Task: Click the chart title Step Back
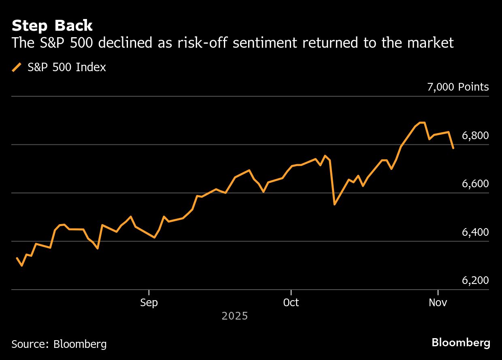pyautogui.click(x=52, y=26)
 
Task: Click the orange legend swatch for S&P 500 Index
pyautogui.click(x=17, y=67)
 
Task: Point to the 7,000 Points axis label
pyautogui.click(x=458, y=87)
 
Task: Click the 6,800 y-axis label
pyautogui.click(x=475, y=136)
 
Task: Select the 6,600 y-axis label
pyautogui.click(x=475, y=184)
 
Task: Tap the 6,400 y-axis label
pyautogui.click(x=475, y=232)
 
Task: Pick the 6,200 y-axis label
pyautogui.click(x=475, y=281)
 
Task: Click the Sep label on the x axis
pyautogui.click(x=149, y=303)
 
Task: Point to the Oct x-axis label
pyautogui.click(x=291, y=303)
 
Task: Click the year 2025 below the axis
pyautogui.click(x=234, y=316)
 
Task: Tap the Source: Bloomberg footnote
pyautogui.click(x=59, y=344)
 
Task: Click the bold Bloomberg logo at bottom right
pyautogui.click(x=461, y=343)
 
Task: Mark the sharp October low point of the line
pyautogui.click(x=334, y=204)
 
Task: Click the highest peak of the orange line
pyautogui.click(x=422, y=122)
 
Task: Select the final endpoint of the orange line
pyautogui.click(x=453, y=148)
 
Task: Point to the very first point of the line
pyautogui.click(x=17, y=258)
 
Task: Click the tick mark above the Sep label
pyautogui.click(x=149, y=292)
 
